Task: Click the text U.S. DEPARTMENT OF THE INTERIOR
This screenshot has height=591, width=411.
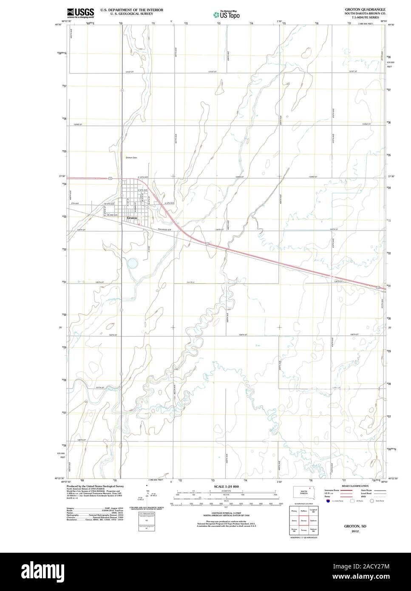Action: pos(127,9)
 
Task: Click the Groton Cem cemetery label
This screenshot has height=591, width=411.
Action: pos(131,157)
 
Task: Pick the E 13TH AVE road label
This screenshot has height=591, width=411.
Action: pos(143,177)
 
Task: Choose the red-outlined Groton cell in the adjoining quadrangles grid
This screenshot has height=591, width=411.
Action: pos(304,520)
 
